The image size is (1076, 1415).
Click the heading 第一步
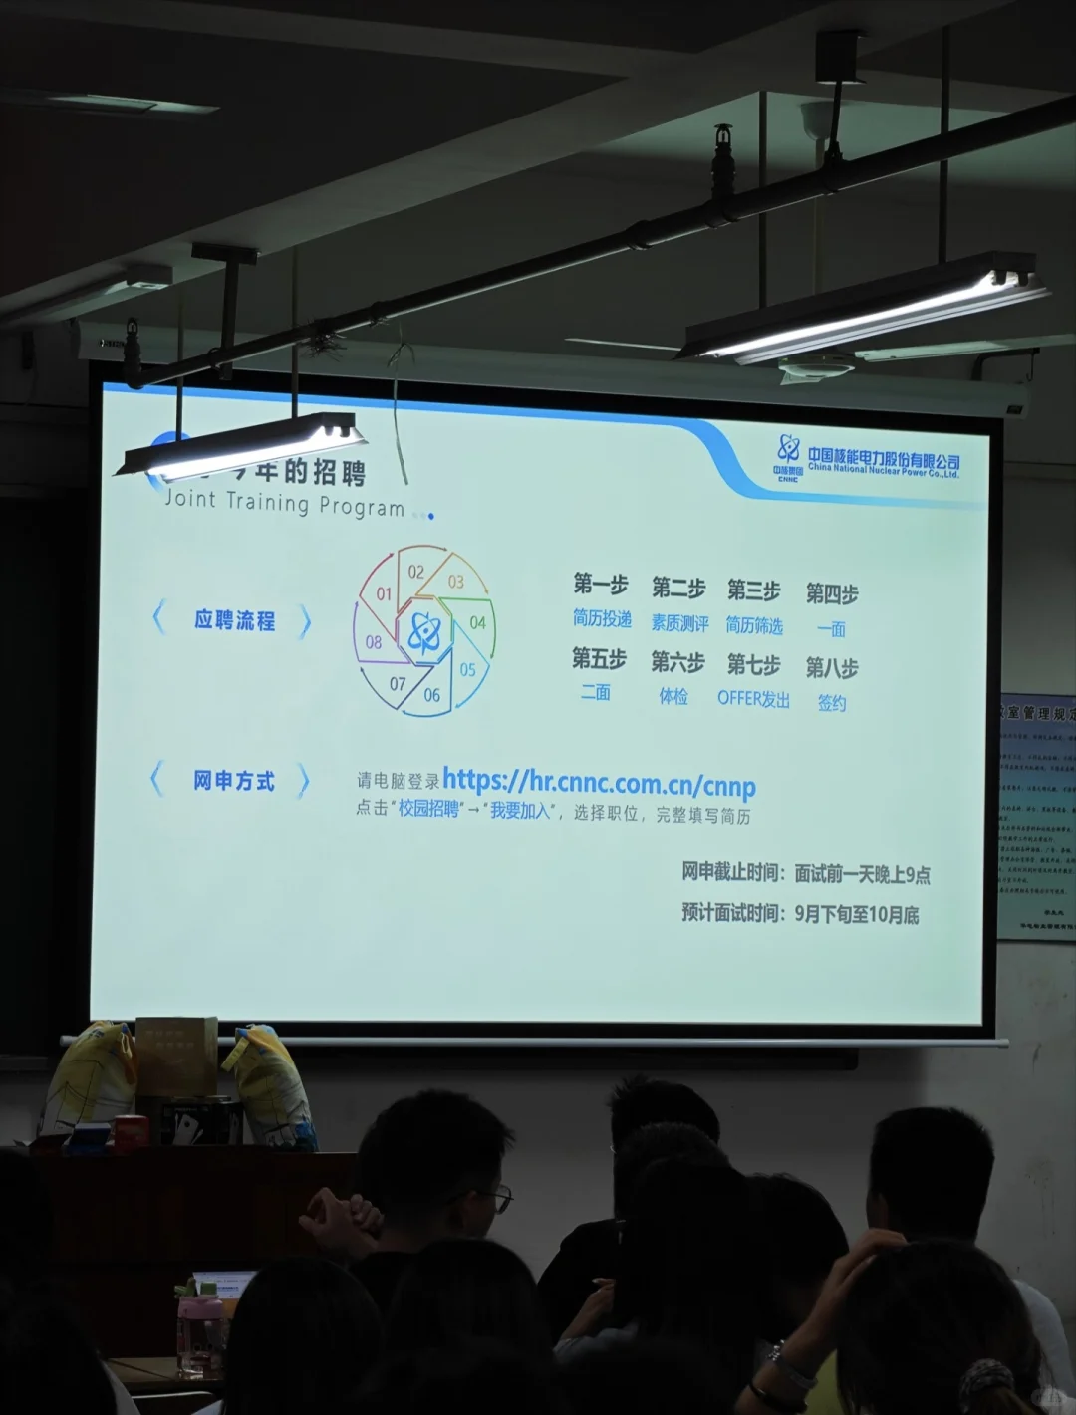[600, 584]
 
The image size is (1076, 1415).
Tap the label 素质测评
[679, 623]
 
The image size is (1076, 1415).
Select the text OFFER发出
[753, 699]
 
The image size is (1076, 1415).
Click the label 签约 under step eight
[832, 703]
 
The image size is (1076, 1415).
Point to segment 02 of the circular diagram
[416, 572]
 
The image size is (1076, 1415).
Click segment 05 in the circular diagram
[467, 669]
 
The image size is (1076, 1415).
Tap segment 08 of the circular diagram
[374, 642]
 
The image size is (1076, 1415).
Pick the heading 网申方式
[234, 781]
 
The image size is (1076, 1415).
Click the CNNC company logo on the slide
[789, 456]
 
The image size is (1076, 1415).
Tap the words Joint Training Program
[284, 502]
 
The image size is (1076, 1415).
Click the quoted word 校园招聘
[428, 810]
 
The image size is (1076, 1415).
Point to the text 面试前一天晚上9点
[862, 874]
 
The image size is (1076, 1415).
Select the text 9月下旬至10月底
[856, 914]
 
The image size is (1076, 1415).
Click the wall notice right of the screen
[1036, 817]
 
